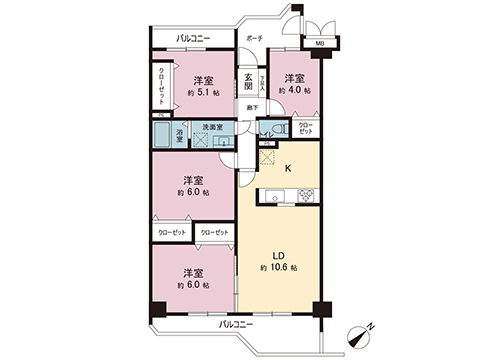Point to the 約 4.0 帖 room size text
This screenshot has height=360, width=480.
294,91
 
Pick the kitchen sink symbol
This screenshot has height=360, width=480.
273,195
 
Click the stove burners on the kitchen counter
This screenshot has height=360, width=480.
305,195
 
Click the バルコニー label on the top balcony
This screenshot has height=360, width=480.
192,39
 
